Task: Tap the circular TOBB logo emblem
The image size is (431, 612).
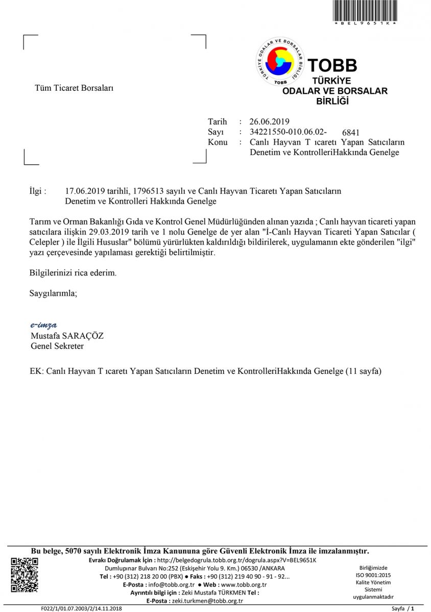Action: coord(280,61)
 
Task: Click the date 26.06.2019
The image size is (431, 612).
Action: coord(270,121)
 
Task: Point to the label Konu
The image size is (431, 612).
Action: coord(218,142)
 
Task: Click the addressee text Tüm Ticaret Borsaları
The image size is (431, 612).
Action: coord(74,88)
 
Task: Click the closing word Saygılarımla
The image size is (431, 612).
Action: coord(54,293)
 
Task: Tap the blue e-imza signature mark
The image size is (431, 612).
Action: coord(43,325)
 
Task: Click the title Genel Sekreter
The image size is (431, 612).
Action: coord(57,346)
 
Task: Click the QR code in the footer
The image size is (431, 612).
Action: coord(25,575)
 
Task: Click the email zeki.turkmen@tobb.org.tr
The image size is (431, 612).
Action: coord(207,601)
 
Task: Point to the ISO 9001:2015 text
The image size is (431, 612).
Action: coord(373,575)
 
